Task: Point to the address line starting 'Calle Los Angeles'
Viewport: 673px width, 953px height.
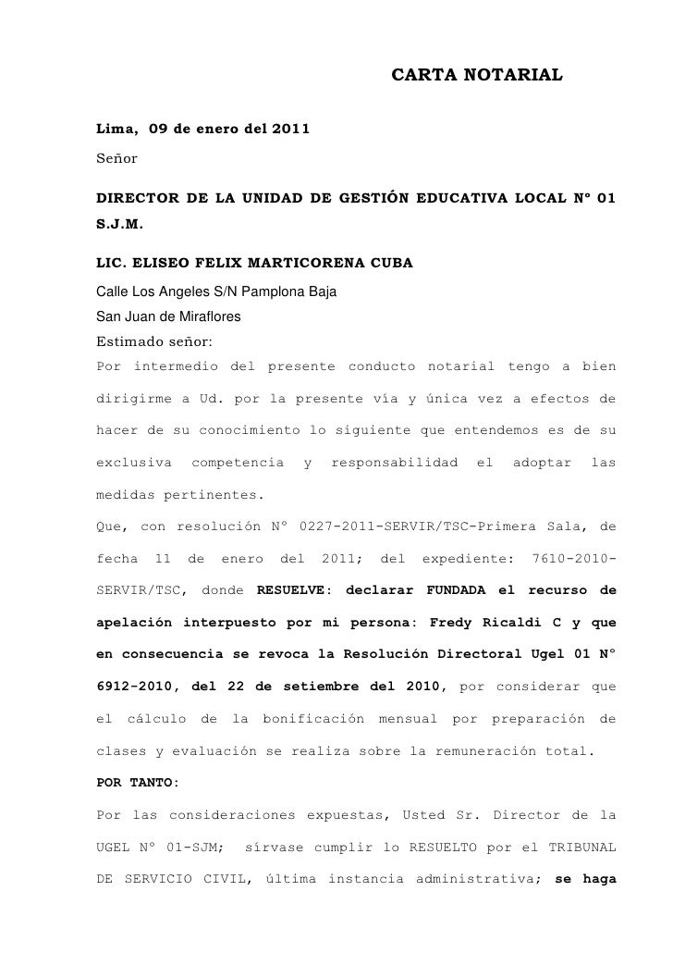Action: [x=216, y=293]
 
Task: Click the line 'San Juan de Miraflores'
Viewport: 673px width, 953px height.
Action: [x=168, y=316]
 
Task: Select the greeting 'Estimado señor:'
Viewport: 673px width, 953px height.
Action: [x=154, y=340]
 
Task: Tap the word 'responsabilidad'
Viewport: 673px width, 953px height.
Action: [x=395, y=461]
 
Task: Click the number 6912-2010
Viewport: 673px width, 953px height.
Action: [x=138, y=687]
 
